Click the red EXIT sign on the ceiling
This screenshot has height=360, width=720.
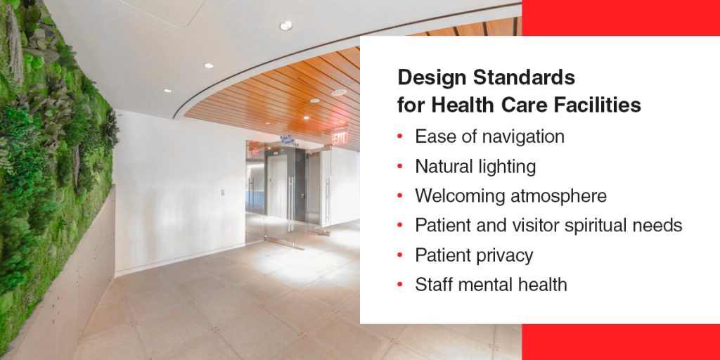click(340, 136)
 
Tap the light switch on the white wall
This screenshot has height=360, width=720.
click(223, 191)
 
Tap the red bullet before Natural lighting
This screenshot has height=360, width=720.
click(400, 167)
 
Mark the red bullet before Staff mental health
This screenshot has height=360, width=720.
click(400, 285)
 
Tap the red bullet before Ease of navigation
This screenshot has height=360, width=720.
click(400, 136)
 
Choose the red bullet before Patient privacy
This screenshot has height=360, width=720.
click(400, 255)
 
